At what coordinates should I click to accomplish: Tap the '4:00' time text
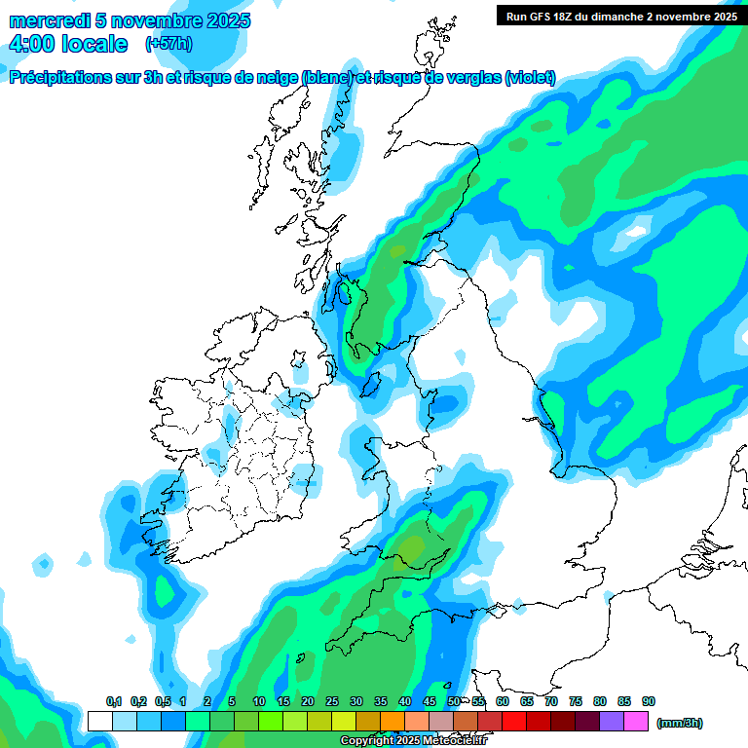click(31, 44)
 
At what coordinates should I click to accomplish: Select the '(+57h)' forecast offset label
click(168, 44)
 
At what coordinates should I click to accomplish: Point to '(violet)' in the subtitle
click(530, 78)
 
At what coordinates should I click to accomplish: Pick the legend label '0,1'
click(114, 701)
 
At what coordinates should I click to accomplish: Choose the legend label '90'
click(649, 701)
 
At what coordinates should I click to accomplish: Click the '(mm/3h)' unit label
click(680, 723)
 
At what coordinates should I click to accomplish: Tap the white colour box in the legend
click(99, 722)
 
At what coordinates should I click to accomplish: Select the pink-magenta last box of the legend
click(636, 722)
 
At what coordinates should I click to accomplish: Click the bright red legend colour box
click(514, 722)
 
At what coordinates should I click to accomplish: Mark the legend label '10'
click(258, 701)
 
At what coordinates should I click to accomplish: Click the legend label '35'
click(380, 701)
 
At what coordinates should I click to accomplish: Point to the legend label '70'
click(551, 701)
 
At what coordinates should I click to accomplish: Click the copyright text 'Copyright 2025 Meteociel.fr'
click(413, 741)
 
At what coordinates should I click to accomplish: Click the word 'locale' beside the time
click(93, 44)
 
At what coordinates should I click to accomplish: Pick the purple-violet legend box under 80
click(612, 722)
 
